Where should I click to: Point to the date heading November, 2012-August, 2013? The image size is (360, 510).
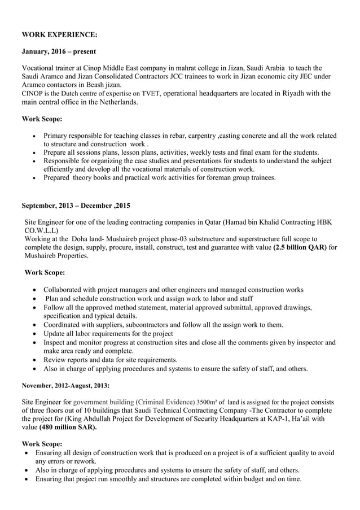(x=65, y=385)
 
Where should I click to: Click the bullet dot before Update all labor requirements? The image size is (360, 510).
(x=37, y=333)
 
